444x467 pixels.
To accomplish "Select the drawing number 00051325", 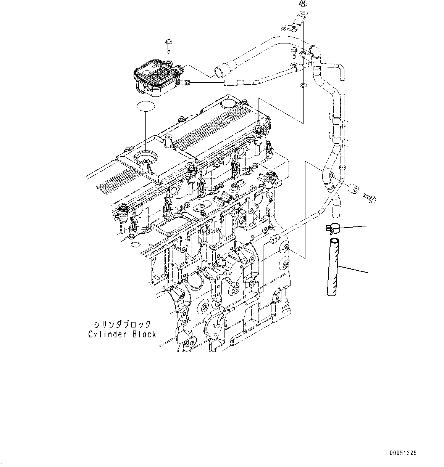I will click(x=403, y=453).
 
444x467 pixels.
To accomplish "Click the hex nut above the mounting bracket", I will click(x=302, y=4).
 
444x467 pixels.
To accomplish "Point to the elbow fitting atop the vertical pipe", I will click(x=315, y=51).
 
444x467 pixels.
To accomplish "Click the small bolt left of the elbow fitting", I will click(x=294, y=51).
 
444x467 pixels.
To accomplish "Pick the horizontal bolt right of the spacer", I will click(x=369, y=197).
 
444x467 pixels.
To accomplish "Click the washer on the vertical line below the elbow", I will click(x=302, y=85).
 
